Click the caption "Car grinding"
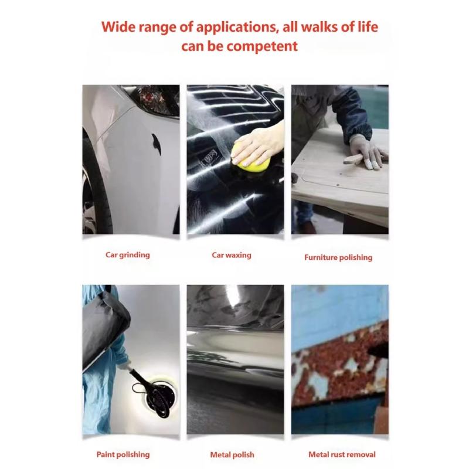click(128, 255)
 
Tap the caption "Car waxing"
click(232, 255)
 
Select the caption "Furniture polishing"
click(338, 257)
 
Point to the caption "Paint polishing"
click(123, 454)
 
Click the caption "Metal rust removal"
click(342, 454)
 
